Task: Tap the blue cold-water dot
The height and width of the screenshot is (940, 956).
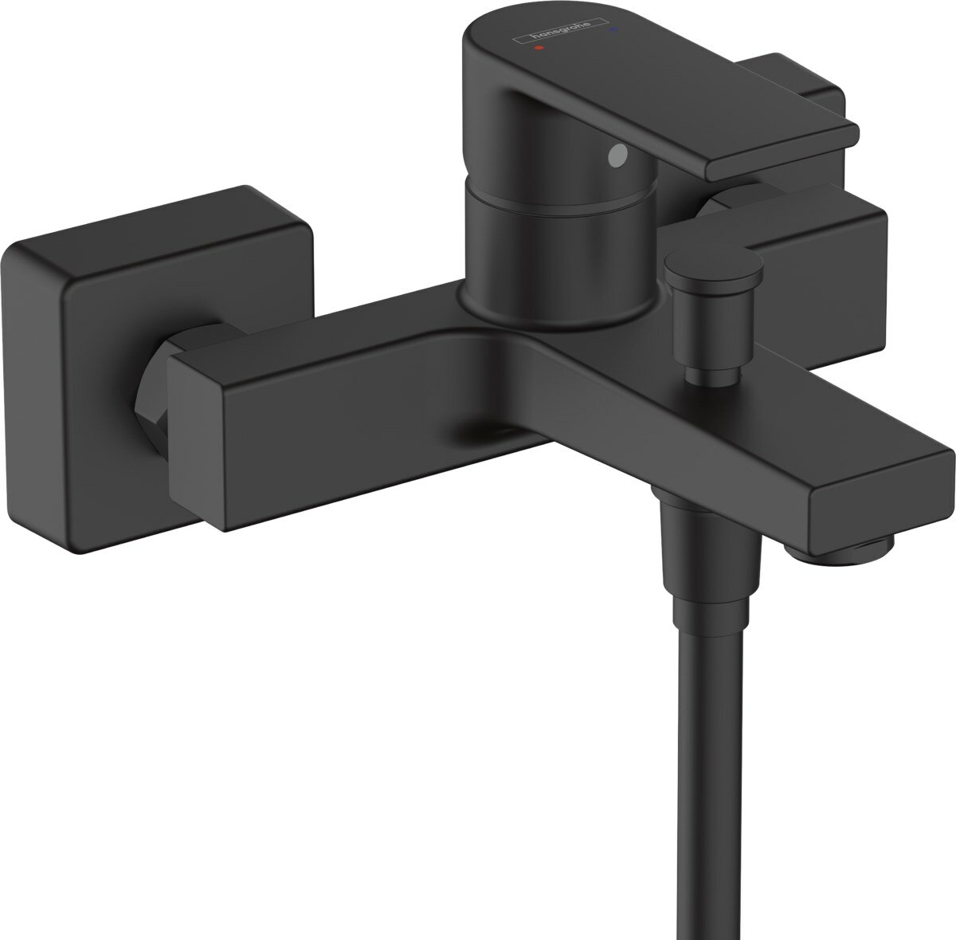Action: click(612, 30)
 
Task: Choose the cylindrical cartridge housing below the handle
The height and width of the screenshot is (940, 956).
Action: click(558, 255)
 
